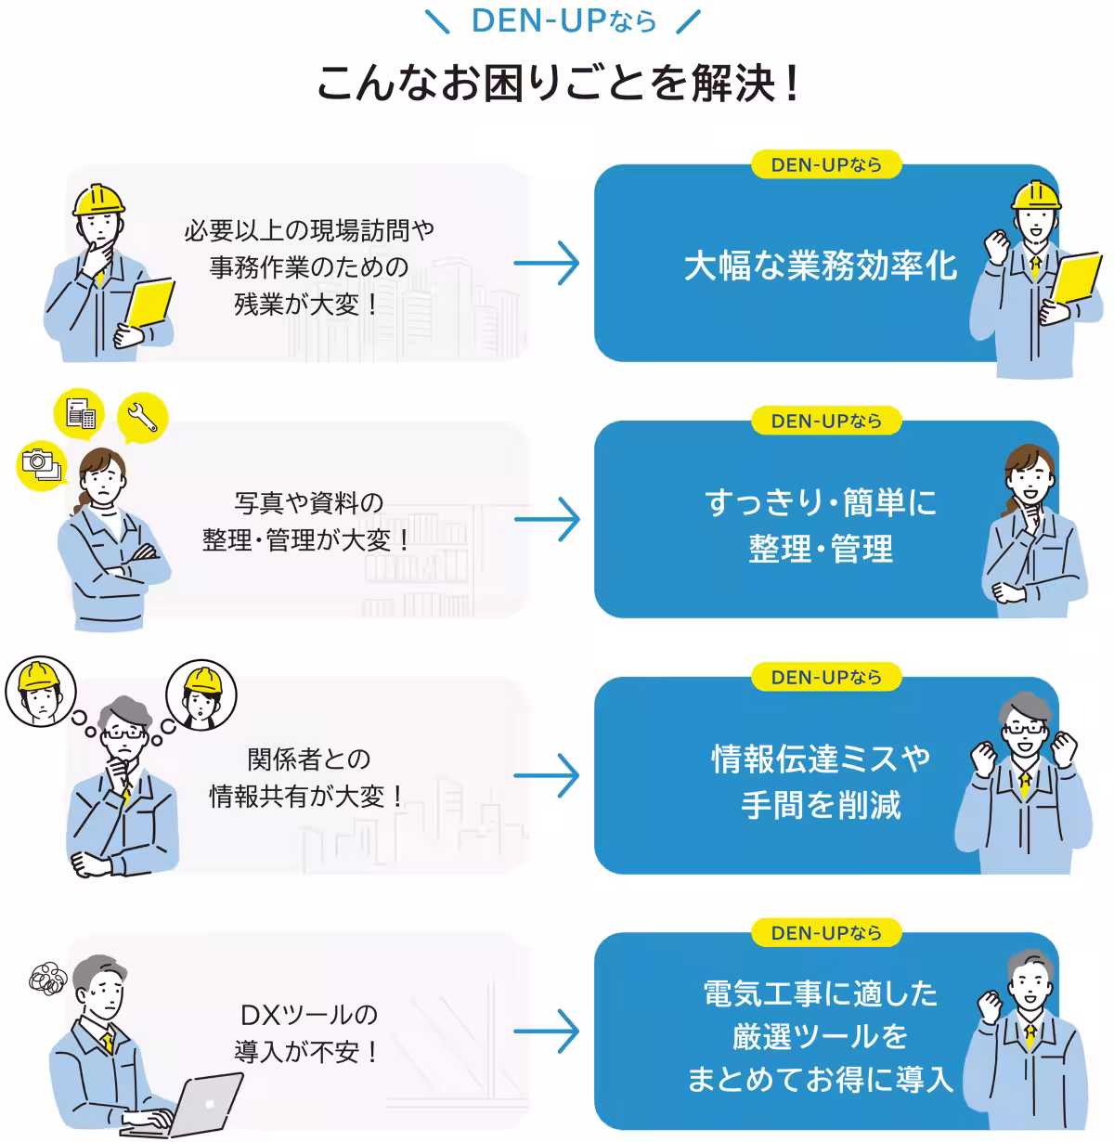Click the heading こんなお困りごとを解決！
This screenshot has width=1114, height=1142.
[557, 84]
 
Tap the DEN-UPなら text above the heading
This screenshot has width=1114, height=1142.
[563, 21]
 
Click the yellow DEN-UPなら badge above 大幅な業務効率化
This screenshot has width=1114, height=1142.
[825, 165]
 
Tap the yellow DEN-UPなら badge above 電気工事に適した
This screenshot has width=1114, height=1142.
[825, 933]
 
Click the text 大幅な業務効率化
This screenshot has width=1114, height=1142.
[820, 266]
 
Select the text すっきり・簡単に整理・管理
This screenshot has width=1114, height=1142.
[820, 526]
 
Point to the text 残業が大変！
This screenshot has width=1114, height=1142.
[308, 305]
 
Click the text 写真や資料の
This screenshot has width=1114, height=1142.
[308, 503]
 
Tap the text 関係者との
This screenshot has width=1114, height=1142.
[308, 759]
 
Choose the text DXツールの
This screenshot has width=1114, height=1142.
[308, 1015]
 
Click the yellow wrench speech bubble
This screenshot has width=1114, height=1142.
[143, 418]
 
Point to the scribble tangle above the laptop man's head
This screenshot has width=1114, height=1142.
[47, 979]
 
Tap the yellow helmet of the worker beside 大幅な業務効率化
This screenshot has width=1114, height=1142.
[1036, 194]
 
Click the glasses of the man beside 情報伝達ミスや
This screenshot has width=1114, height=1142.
[1024, 729]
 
